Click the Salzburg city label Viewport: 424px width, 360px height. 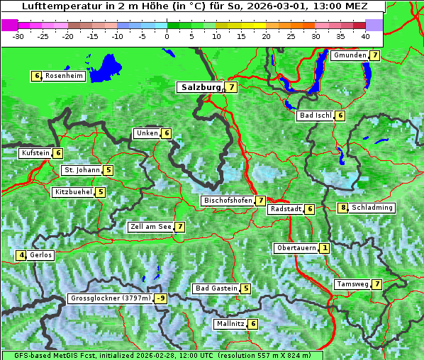point(200,87)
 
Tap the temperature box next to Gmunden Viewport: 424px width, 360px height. point(374,55)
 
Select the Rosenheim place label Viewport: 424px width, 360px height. point(64,76)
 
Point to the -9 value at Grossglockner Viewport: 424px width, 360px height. point(161,299)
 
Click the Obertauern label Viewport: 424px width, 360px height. point(296,248)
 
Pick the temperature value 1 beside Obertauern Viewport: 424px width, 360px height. point(324,248)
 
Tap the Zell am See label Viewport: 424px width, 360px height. point(151,227)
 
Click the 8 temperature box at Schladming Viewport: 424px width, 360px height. point(342,208)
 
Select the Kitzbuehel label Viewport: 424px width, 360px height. point(73,192)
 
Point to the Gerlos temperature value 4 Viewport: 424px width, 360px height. point(22,255)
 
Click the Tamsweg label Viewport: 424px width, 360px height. point(352,284)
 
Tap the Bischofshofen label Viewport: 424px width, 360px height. point(228,201)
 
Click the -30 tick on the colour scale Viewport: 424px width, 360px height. point(18,36)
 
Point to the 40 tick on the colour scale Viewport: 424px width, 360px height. point(365,36)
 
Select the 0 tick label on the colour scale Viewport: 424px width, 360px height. point(167,36)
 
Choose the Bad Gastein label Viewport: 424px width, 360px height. point(216,288)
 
